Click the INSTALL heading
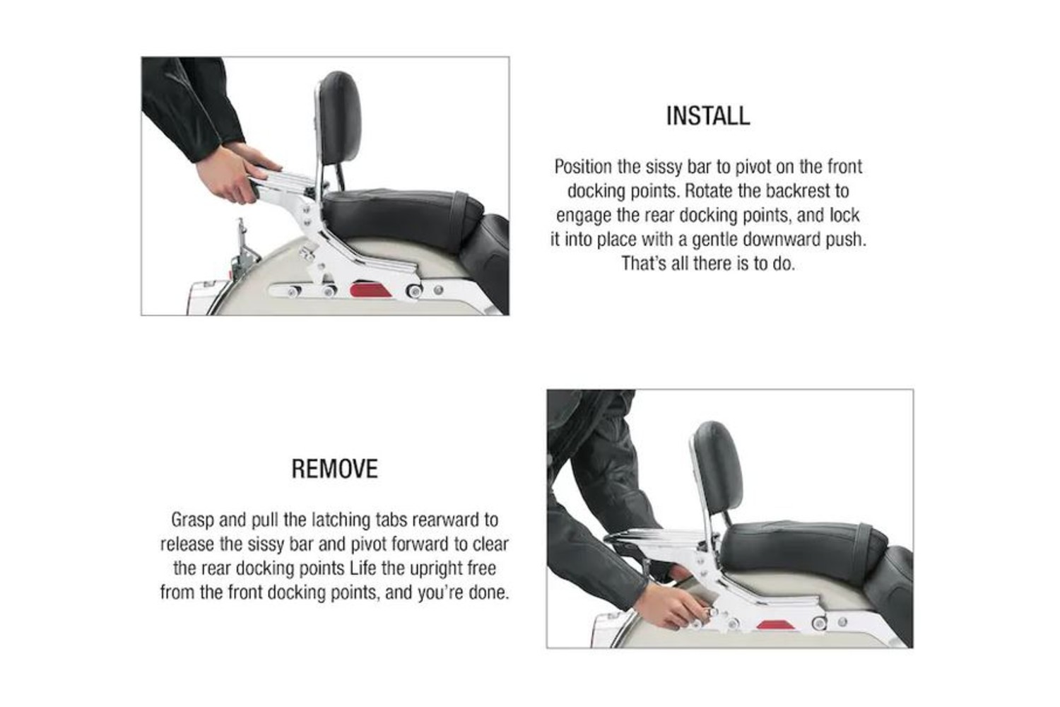(x=708, y=116)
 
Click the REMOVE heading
(x=334, y=469)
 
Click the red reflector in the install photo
(x=371, y=289)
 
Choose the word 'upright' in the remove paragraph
(x=436, y=568)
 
